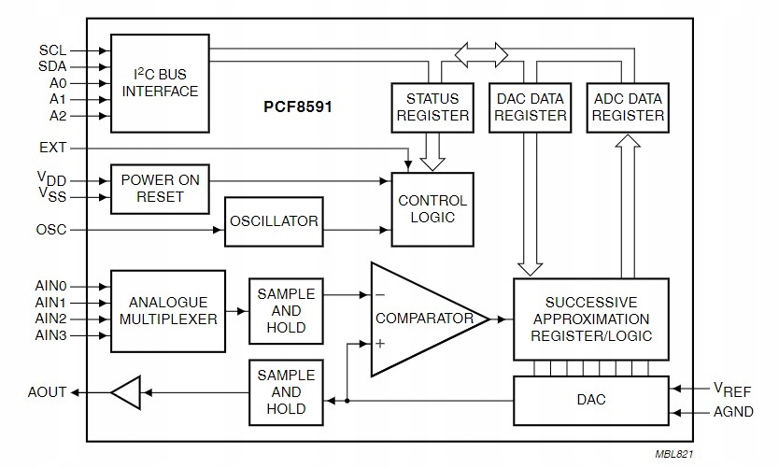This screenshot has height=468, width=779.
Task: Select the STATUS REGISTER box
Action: [x=432, y=106]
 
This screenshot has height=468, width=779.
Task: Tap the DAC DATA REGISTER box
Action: [x=531, y=106]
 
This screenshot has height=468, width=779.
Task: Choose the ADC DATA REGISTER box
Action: [x=628, y=106]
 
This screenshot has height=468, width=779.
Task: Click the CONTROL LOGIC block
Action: [x=432, y=209]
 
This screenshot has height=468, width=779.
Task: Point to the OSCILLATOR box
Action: [x=275, y=221]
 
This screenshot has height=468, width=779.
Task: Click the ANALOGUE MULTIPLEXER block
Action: [x=168, y=310]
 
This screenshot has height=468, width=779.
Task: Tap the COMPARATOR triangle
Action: [x=420, y=319]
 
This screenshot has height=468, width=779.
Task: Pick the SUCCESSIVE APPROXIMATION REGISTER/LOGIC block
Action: [x=590, y=319]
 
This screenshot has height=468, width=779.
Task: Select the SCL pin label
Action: [x=52, y=50]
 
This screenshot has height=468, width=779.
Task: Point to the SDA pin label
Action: [x=52, y=66]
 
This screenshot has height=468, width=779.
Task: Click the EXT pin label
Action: [x=52, y=148]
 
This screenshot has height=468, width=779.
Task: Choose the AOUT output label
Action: [x=49, y=392]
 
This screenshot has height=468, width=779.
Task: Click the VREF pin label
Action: [x=731, y=390]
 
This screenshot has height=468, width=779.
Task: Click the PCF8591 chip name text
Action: [x=297, y=107]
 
